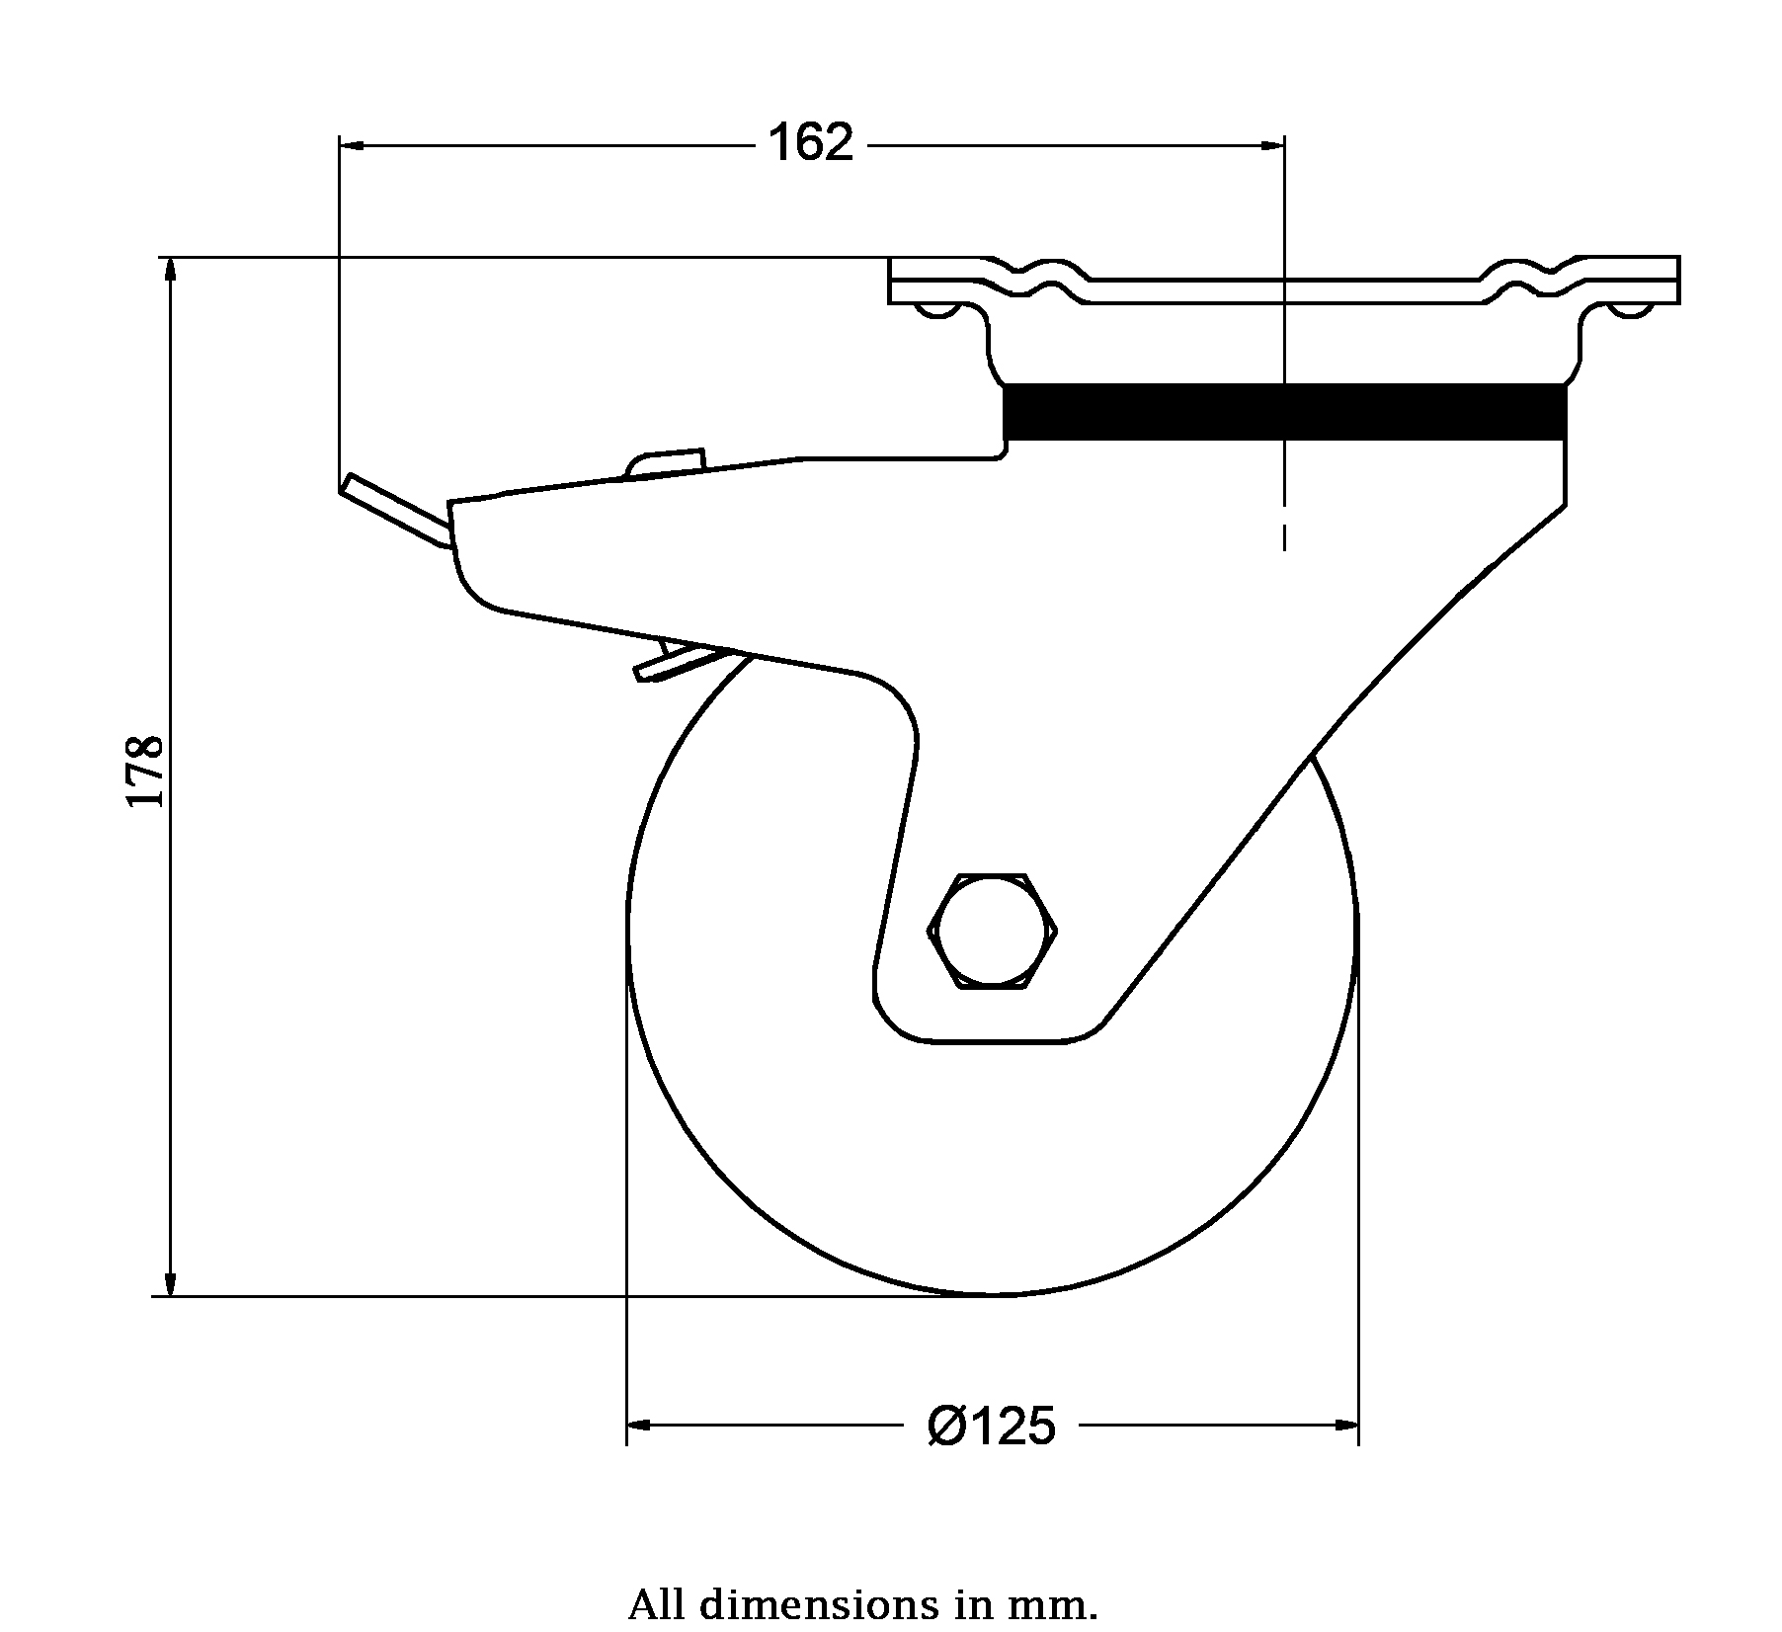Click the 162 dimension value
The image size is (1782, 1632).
(x=810, y=144)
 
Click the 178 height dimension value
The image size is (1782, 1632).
(x=145, y=771)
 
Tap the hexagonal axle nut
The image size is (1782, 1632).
(x=993, y=930)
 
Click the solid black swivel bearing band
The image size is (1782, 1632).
(x=1284, y=412)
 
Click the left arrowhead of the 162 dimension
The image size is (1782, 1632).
(x=353, y=145)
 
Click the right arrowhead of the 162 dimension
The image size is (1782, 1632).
(x=1271, y=145)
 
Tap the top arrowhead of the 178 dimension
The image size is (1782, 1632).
(x=170, y=273)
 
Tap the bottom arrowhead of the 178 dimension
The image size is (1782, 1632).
(x=170, y=1280)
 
